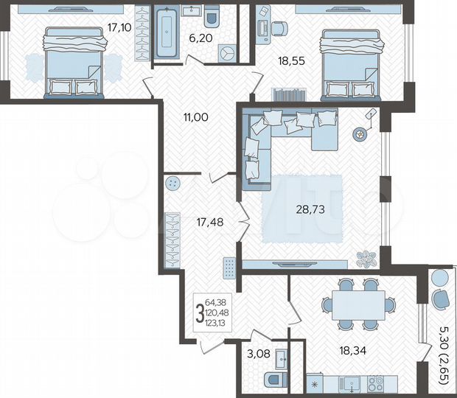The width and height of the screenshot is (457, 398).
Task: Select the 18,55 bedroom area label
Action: click(x=290, y=63)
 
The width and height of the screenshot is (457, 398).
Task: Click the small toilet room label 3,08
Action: click(x=258, y=355)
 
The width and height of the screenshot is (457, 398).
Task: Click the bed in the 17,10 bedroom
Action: click(x=72, y=62)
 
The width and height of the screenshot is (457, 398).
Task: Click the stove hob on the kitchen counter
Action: click(x=374, y=383)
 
